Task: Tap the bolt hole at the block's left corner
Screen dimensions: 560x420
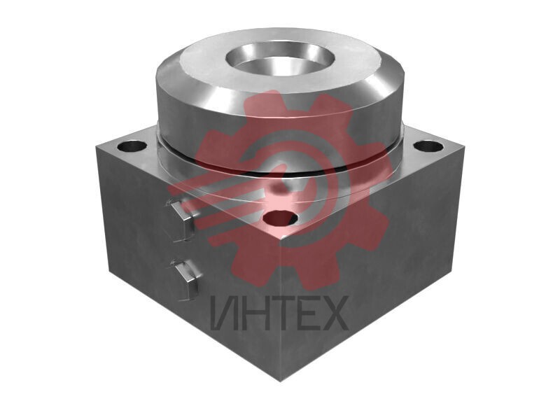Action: tap(132, 146)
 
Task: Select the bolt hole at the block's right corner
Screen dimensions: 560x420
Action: tap(428, 146)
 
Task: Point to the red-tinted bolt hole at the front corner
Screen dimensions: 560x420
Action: tap(281, 218)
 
